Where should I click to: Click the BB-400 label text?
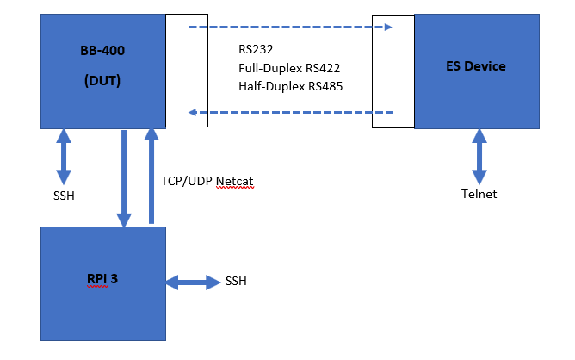[x=102, y=51]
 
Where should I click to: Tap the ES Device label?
[x=476, y=66]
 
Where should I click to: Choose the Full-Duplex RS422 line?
[x=290, y=68]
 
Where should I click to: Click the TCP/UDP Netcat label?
[x=207, y=181]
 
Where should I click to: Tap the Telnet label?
[x=479, y=194]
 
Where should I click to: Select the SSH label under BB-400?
[x=64, y=196]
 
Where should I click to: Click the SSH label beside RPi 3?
[x=238, y=281]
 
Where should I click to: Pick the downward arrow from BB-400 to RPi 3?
[x=126, y=178]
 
